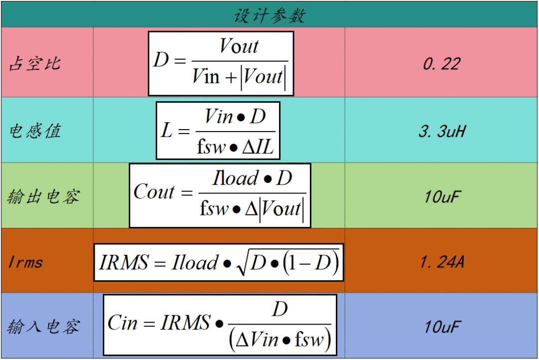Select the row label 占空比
click(x=35, y=64)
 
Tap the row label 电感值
click(x=35, y=131)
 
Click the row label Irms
click(x=25, y=262)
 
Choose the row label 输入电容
click(x=43, y=327)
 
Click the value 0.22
click(x=442, y=64)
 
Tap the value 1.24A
click(x=442, y=262)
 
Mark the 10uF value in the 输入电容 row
click(x=442, y=327)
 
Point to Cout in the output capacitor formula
click(x=154, y=192)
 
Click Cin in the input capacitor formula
click(x=122, y=323)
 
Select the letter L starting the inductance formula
click(x=166, y=131)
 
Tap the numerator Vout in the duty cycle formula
click(x=239, y=46)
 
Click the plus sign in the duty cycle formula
click(x=230, y=77)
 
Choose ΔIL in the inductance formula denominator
click(x=261, y=147)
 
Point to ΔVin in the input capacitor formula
click(x=257, y=340)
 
